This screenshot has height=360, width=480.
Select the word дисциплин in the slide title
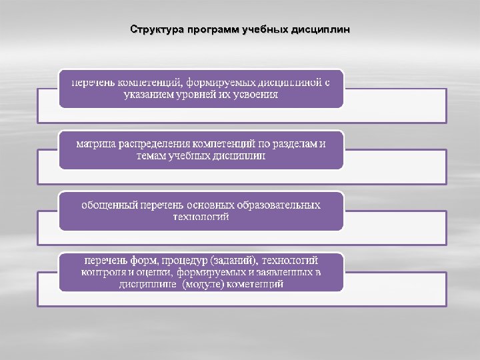(320, 31)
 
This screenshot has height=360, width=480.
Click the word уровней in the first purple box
(201, 95)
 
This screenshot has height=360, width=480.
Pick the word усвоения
(254, 95)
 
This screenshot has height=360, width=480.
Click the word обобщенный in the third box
(109, 205)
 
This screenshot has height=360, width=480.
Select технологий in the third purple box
(201, 217)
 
